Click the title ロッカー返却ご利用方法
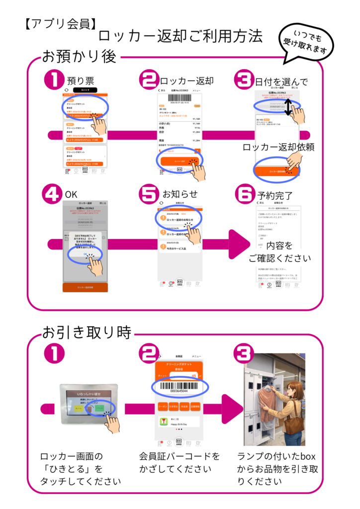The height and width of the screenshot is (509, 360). [180, 36]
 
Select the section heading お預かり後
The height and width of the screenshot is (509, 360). [80, 56]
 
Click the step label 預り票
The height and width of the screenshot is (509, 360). [81, 81]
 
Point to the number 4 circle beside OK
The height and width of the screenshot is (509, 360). [53, 195]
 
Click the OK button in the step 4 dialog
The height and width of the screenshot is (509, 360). [86, 254]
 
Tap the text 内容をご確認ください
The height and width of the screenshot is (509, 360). [279, 252]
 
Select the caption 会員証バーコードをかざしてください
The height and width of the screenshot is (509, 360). [180, 462]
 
